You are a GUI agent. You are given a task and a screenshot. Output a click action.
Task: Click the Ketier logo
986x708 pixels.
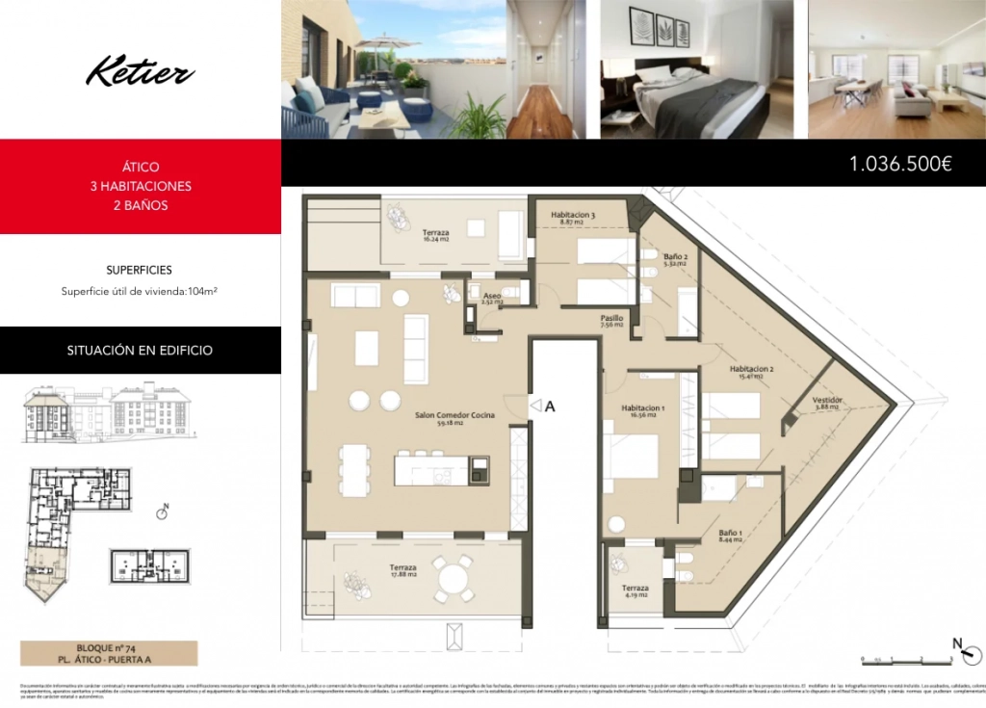(x=141, y=72)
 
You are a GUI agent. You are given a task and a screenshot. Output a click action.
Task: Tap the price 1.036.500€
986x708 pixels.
(x=900, y=164)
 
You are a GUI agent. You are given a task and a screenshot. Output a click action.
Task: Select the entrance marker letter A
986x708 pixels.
(x=551, y=406)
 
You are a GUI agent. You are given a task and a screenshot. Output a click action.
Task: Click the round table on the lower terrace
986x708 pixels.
(x=453, y=580)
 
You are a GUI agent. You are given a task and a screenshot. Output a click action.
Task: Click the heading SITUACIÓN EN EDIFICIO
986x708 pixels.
(x=140, y=351)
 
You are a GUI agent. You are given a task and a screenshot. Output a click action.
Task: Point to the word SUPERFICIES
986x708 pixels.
(x=140, y=271)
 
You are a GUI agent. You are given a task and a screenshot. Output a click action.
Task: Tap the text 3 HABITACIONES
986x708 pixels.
(x=141, y=186)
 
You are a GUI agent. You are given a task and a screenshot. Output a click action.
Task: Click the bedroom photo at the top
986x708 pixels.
(x=697, y=69)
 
